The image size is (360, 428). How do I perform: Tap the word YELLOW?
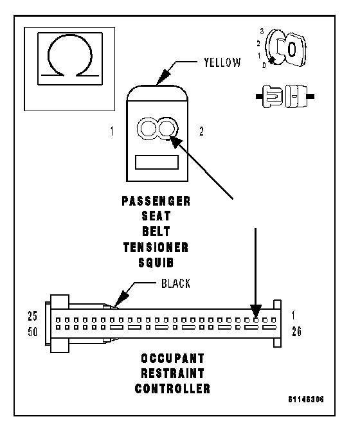(x=222, y=62)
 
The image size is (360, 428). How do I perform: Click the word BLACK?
(x=175, y=283)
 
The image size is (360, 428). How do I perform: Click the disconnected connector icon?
(x=285, y=96)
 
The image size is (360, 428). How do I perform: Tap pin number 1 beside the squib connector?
(x=112, y=131)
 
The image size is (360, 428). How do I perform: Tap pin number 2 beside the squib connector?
(x=201, y=132)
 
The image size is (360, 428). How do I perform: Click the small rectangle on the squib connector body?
(x=157, y=163)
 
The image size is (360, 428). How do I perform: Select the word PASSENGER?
(x=156, y=201)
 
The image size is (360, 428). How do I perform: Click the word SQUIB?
(x=156, y=263)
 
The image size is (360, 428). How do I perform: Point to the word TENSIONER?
(x=156, y=247)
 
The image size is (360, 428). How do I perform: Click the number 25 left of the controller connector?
(x=33, y=316)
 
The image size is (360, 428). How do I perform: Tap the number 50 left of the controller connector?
(x=33, y=332)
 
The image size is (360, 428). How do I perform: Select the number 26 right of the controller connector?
(x=296, y=332)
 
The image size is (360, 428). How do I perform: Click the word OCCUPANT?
(x=173, y=359)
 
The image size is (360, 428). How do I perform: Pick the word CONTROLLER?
(x=173, y=389)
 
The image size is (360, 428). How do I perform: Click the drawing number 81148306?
(x=306, y=399)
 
